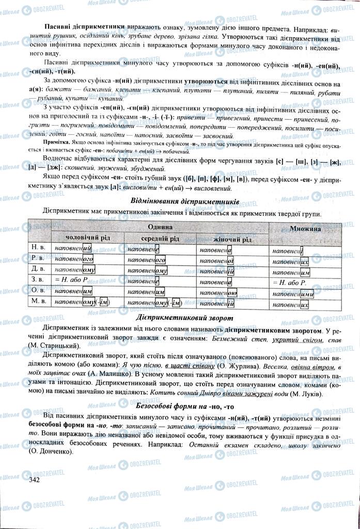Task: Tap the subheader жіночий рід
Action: pyautogui.click(x=232, y=239)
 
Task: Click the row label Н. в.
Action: pyautogui.click(x=39, y=248)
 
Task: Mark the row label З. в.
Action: pyautogui.click(x=39, y=282)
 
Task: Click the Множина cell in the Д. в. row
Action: pyautogui.click(x=291, y=272)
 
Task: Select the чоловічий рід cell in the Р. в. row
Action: pyautogui.click(x=74, y=260)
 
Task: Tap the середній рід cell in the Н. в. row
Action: pyautogui.click(x=144, y=249)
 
